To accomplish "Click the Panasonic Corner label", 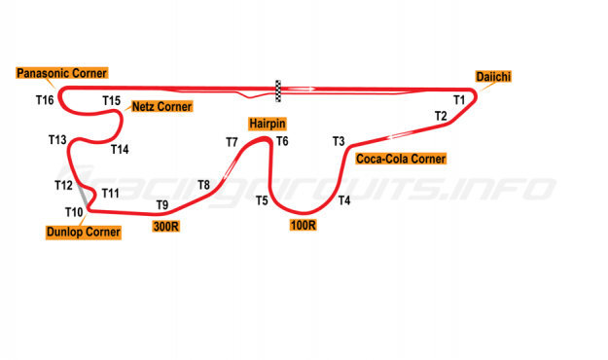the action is point(61,73).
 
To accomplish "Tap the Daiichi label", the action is point(493,77).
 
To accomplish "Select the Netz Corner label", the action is point(161,106).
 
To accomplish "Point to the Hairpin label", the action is point(268,124).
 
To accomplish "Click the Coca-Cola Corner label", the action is point(401,159).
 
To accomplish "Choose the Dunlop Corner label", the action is point(84,232).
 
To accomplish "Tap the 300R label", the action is point(166,226).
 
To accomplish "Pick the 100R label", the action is point(303,225).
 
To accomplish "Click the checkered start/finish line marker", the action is point(278,91).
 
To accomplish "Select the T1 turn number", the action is point(459,100).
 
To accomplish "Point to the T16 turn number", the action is point(45,100).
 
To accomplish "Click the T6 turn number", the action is point(282,141).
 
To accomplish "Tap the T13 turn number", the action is point(57,140).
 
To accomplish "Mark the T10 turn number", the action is point(74,212).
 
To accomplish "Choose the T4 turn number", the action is point(344,200).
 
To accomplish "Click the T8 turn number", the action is point(204,185).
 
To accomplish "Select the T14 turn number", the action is point(120,150).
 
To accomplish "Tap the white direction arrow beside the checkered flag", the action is point(302,89).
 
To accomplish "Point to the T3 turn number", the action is point(339,141).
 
